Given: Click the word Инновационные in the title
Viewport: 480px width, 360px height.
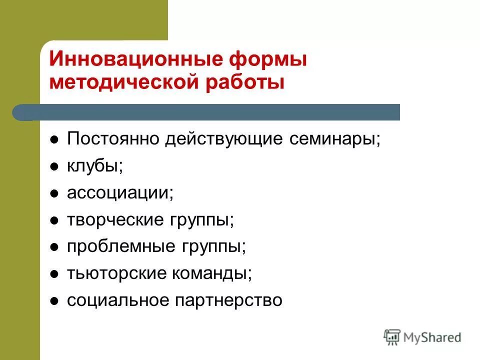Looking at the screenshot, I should coord(135,59).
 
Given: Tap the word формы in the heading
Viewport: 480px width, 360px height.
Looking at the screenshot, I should coord(268,59).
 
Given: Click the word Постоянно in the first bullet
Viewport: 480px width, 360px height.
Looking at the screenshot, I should coord(114,139).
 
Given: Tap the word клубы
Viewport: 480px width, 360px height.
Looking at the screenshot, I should coord(95,166).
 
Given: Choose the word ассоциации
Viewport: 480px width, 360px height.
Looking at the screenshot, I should coord(120,193).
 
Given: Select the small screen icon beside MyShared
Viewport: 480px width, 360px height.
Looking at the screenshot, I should coord(392,336).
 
